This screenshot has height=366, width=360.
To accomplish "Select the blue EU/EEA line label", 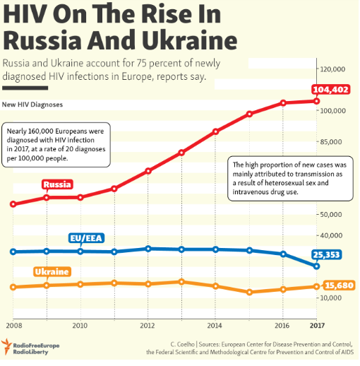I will [87, 237].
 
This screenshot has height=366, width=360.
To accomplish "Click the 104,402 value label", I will [331, 90].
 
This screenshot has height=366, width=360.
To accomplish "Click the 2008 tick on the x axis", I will [13, 326].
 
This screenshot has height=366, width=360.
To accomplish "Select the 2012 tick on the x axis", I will [148, 326].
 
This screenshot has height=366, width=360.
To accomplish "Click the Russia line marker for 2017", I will [317, 101].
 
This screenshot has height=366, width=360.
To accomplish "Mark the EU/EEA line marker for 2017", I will [317, 266].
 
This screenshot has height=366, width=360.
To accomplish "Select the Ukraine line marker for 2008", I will [13, 287].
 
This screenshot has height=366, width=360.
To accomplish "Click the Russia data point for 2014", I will [215, 131].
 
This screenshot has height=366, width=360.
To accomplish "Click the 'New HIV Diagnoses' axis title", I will [32, 105].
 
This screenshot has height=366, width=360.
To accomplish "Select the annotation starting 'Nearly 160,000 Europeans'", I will [57, 146].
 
